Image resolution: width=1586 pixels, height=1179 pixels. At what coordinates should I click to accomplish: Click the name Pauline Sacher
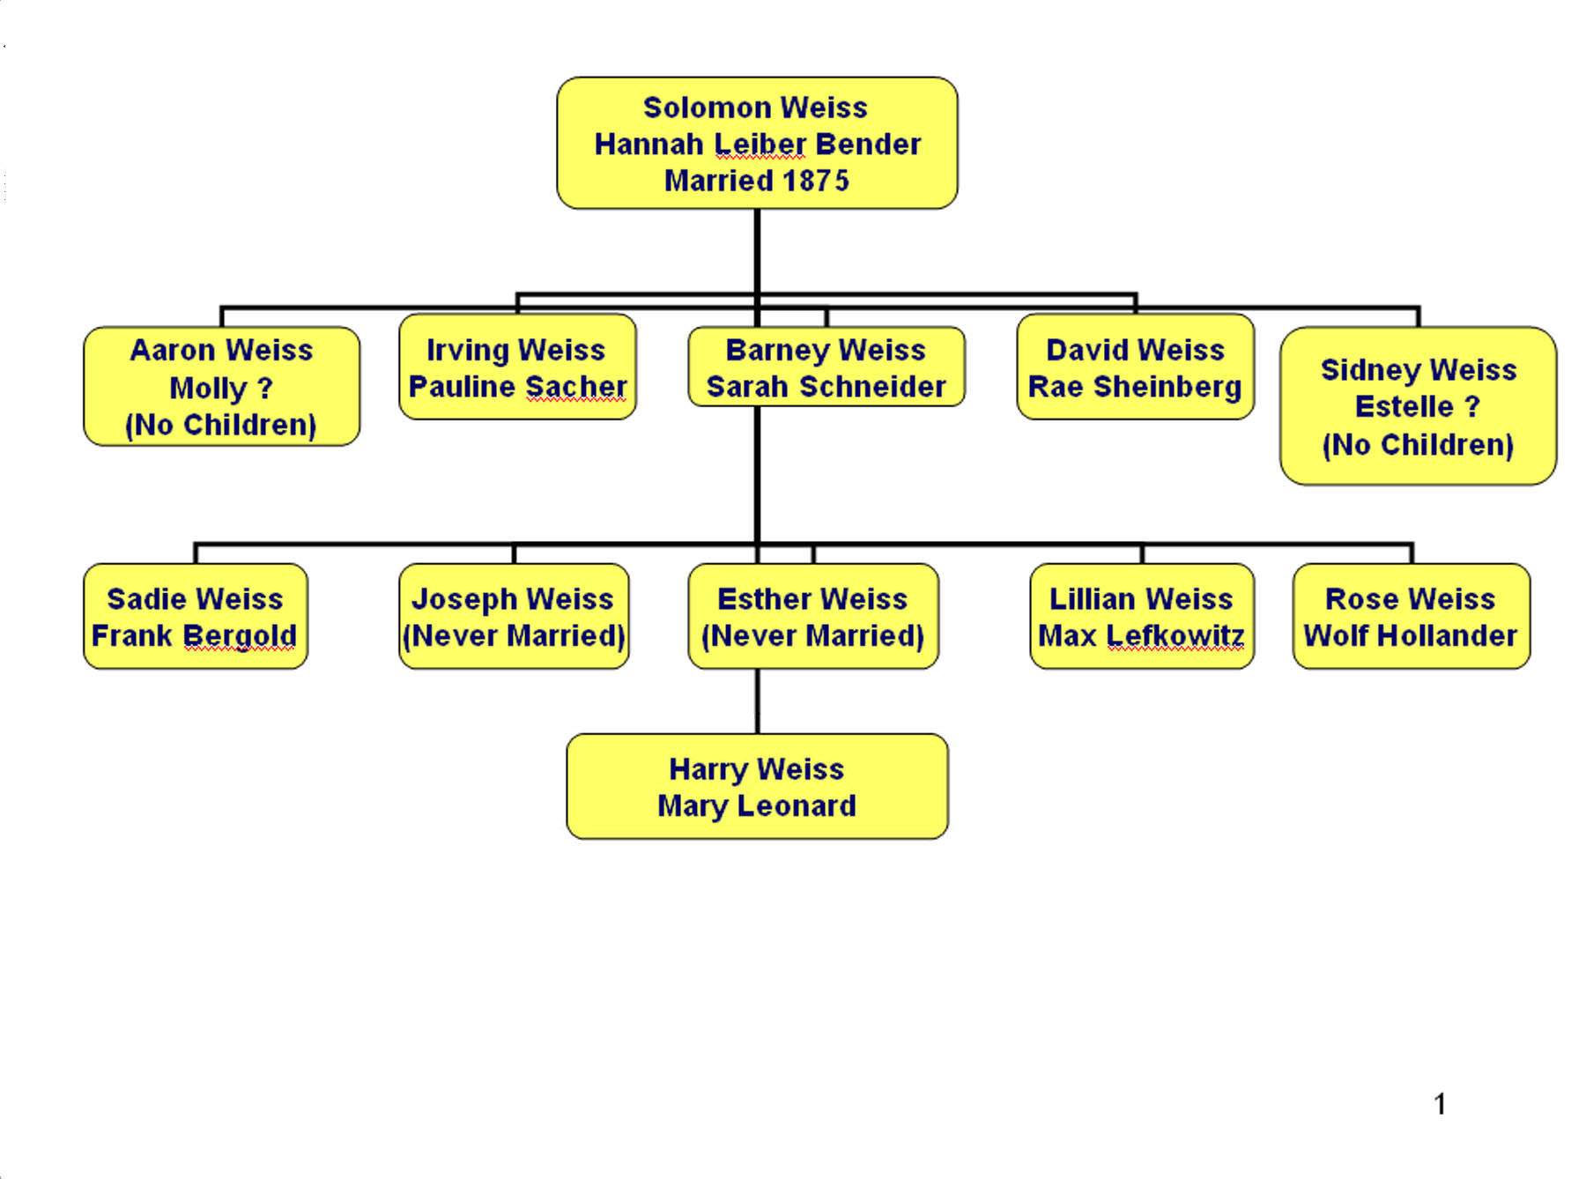click(517, 387)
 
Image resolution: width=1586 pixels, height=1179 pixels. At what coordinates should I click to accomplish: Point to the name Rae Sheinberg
click(1135, 387)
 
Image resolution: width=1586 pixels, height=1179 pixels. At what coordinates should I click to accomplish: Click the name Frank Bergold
click(194, 635)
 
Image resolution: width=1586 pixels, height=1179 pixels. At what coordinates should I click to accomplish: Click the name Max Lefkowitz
click(1141, 635)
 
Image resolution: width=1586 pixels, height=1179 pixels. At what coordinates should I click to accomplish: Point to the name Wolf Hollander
click(1410, 635)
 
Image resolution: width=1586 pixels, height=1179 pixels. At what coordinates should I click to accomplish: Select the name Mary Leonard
click(756, 805)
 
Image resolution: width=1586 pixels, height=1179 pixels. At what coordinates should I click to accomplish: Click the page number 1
click(1440, 1104)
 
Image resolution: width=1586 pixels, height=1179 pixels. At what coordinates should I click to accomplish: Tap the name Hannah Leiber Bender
click(757, 145)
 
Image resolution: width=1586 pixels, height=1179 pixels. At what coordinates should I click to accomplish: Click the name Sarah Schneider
click(826, 387)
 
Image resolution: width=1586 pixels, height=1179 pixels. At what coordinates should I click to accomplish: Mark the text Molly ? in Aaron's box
click(221, 388)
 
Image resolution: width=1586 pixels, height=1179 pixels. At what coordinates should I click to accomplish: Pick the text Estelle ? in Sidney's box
click(1417, 407)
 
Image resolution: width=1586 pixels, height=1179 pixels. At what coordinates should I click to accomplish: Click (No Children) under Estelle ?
click(1417, 445)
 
